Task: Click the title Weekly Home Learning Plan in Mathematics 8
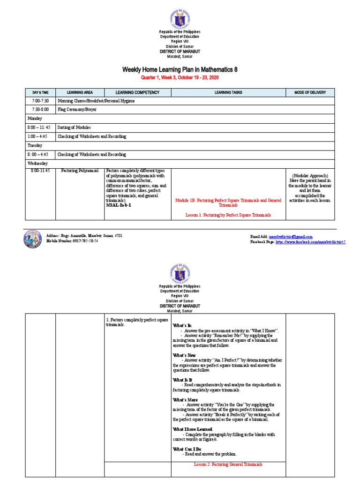[180, 69]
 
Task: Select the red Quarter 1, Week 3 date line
[180, 77]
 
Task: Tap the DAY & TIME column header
[40, 92]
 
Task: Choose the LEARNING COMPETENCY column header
[137, 92]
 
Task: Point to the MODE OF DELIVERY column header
[310, 92]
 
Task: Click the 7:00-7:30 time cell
[40, 101]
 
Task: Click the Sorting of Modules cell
[74, 127]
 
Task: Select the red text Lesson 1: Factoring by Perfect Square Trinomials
[228, 215]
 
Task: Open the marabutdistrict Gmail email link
[290, 237]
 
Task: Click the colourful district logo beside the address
[32, 239]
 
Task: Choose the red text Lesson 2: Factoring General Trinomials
[228, 464]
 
